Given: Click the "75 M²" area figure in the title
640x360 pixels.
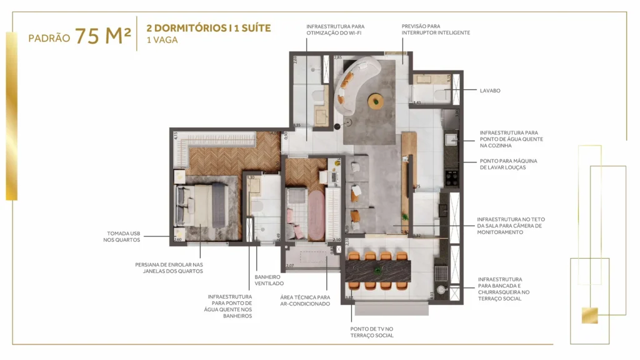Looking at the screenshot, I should pyautogui.click(x=103, y=36).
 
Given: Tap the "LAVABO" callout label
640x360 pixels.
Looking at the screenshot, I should pyautogui.click(x=490, y=91).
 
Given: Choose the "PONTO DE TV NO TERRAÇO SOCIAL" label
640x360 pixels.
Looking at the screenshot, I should pyautogui.click(x=372, y=332).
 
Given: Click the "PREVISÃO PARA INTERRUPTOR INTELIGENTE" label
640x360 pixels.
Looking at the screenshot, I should pyautogui.click(x=435, y=29).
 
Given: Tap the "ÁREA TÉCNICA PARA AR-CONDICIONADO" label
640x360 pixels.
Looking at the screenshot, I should pyautogui.click(x=305, y=301).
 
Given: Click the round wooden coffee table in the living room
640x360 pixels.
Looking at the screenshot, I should pyautogui.click(x=376, y=99).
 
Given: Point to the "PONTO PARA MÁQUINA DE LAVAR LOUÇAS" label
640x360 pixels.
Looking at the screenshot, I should pyautogui.click(x=508, y=164).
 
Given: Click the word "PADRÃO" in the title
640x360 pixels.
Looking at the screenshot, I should pyautogui.click(x=49, y=38).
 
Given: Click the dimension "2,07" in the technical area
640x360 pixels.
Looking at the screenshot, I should pyautogui.click(x=289, y=266).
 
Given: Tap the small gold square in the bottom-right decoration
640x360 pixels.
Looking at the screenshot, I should pyautogui.click(x=589, y=316).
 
